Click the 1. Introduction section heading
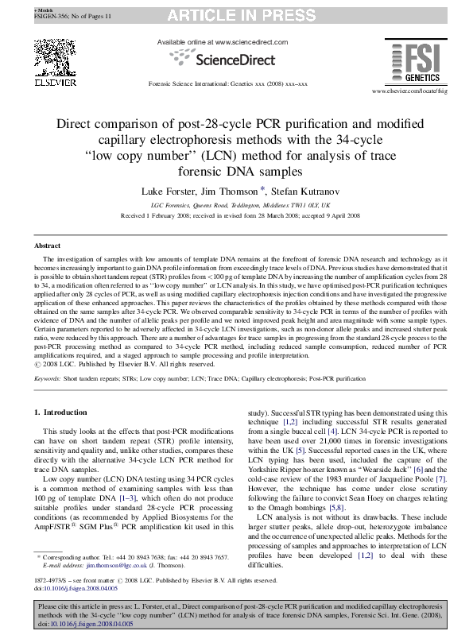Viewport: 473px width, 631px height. click(x=64, y=412)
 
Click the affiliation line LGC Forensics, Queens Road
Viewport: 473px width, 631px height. click(x=236, y=204)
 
